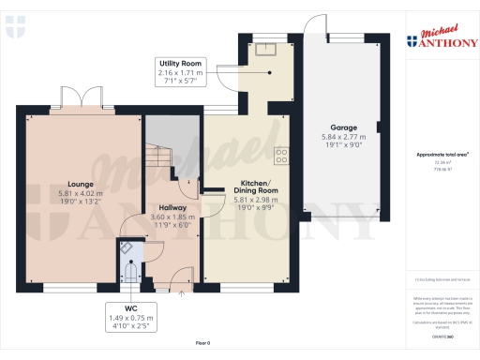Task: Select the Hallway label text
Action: (x=171, y=207)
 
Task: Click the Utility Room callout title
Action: (x=180, y=62)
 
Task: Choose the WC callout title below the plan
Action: (x=131, y=307)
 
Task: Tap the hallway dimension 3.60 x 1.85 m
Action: (x=171, y=217)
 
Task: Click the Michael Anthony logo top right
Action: (x=441, y=37)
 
